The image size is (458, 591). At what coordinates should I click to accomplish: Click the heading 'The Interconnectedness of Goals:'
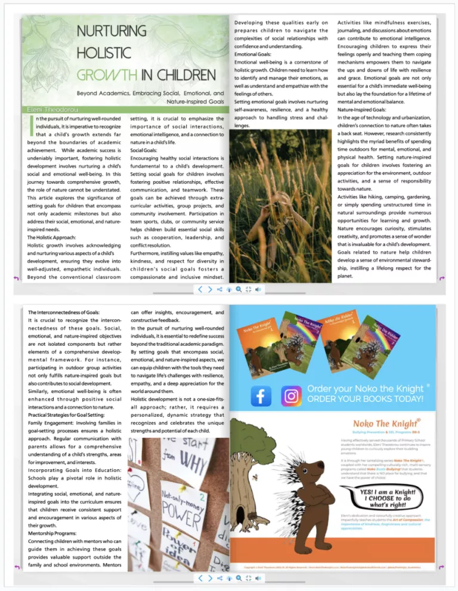pos(64,312)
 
